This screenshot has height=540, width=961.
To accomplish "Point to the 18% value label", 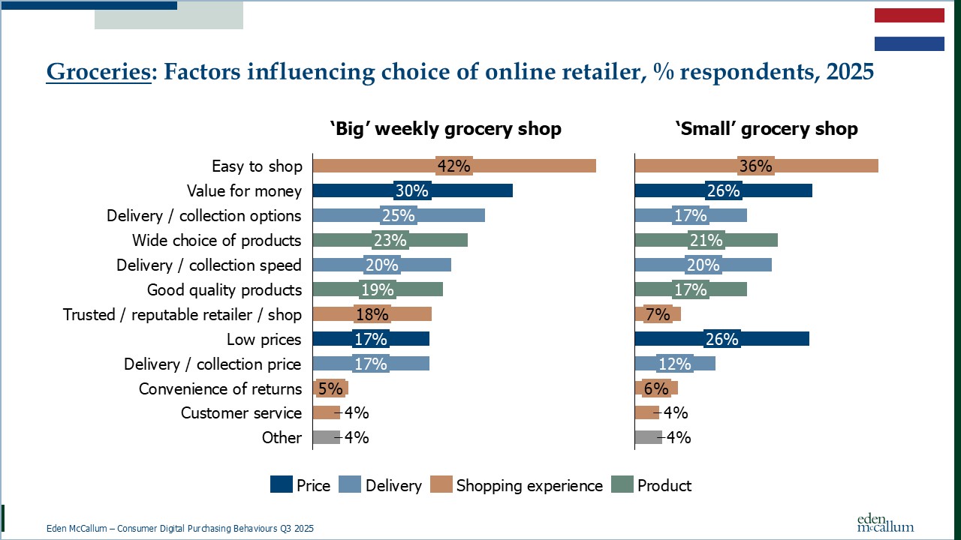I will click(x=372, y=314).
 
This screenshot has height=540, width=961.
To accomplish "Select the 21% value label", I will click(x=706, y=240).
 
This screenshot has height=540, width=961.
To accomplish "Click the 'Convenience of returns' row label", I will click(x=220, y=388).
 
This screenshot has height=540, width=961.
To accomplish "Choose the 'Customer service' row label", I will click(x=241, y=413).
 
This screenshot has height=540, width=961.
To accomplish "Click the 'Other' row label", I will click(x=282, y=438).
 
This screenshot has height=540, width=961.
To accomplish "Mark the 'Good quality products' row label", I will click(x=224, y=289).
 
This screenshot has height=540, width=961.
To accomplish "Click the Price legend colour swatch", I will click(x=281, y=485).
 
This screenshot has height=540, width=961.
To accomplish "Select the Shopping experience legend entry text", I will click(x=529, y=485).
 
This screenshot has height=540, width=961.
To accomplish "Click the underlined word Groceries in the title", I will click(x=98, y=73).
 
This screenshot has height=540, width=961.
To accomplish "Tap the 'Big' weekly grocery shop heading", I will click(x=445, y=129).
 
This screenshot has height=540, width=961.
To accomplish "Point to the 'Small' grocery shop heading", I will click(x=766, y=129).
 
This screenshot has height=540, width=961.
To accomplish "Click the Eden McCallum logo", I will click(x=885, y=522).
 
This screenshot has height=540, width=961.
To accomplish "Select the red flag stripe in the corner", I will click(x=909, y=16).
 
